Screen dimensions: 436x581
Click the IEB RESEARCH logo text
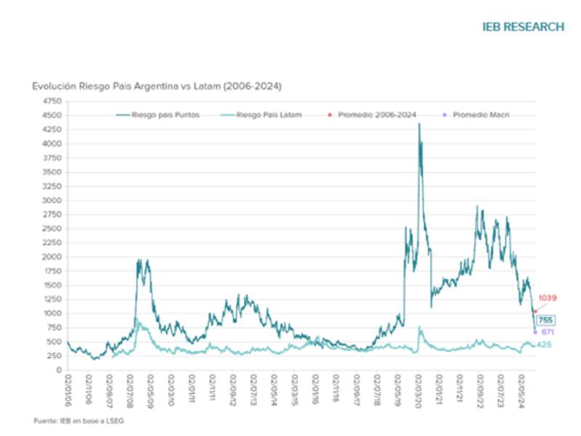click(x=523, y=27)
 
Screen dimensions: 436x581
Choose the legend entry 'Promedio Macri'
click(x=480, y=115)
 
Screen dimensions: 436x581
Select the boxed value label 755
click(x=545, y=320)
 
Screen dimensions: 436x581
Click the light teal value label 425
click(x=545, y=344)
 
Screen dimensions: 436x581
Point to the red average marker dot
click(x=535, y=310)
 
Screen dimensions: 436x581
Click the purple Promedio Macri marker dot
click(x=535, y=332)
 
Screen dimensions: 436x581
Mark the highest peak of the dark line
click(x=419, y=124)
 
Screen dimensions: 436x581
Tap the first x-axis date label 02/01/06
click(x=68, y=388)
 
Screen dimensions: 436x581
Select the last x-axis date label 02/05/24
click(x=524, y=388)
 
